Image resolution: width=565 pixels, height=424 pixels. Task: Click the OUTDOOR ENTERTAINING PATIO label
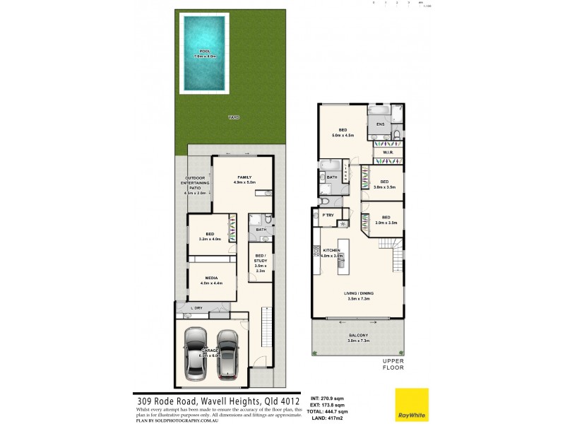[x=195, y=184]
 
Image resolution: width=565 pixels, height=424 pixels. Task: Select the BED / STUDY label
[x=260, y=261]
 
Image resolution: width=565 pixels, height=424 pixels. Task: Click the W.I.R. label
[x=388, y=153]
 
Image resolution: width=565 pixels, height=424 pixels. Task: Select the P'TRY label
[x=328, y=214]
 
